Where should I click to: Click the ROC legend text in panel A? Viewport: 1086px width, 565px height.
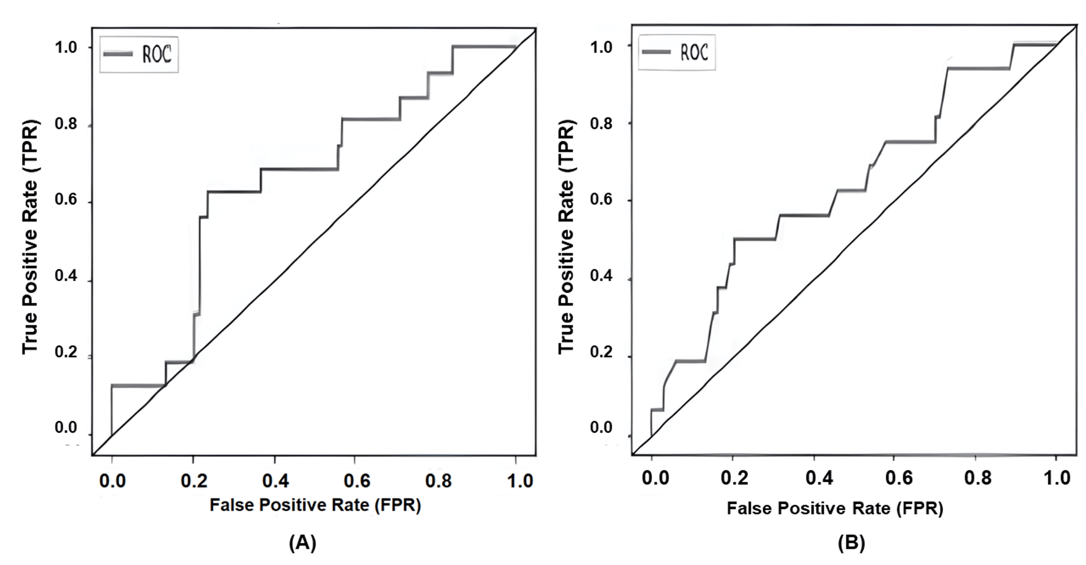click(157, 54)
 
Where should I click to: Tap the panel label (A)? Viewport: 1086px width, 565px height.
click(302, 542)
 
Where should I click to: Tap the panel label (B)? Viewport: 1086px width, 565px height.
click(851, 542)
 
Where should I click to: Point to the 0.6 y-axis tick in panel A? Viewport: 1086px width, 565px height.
click(66, 199)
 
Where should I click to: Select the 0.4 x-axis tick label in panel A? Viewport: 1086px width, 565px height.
click(275, 481)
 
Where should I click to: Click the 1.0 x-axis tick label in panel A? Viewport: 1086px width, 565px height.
click(520, 481)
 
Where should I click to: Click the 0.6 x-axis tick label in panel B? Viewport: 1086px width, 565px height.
click(899, 478)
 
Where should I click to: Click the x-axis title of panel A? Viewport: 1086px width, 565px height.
click(315, 505)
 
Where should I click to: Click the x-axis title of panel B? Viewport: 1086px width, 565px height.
click(835, 508)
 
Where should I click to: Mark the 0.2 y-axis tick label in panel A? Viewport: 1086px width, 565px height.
click(66, 352)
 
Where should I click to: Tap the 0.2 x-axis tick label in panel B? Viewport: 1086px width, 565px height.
click(734, 478)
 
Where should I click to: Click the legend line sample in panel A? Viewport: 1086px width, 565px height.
click(118, 54)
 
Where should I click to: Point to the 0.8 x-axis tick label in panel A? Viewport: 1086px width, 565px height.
click(438, 481)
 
